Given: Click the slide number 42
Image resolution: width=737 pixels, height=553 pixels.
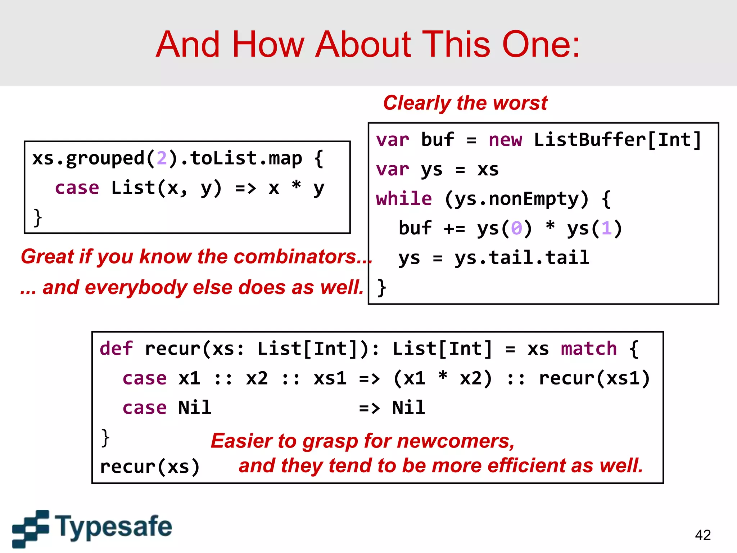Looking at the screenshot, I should coord(702,535).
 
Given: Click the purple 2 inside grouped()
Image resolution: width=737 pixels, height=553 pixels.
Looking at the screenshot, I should coord(162,158).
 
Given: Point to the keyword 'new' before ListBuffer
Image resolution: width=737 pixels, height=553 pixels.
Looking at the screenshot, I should coord(505,140).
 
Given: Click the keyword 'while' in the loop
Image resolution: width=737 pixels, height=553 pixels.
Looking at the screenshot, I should coord(404,199).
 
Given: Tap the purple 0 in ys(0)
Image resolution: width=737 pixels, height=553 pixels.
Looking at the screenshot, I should coord(516,228).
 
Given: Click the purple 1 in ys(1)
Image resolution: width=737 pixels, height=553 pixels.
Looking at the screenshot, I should coord(606,228).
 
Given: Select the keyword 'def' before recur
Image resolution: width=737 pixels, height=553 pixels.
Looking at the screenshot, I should coord(116,349).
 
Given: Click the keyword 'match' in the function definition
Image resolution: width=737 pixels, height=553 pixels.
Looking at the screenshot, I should coord(589,349).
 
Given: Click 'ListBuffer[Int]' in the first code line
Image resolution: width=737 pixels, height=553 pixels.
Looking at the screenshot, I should coord(617,140).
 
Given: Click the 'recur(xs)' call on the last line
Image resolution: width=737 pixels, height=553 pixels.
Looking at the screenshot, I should coord(150,467).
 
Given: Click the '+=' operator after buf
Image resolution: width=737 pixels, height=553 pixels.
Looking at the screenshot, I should coord(454,228).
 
